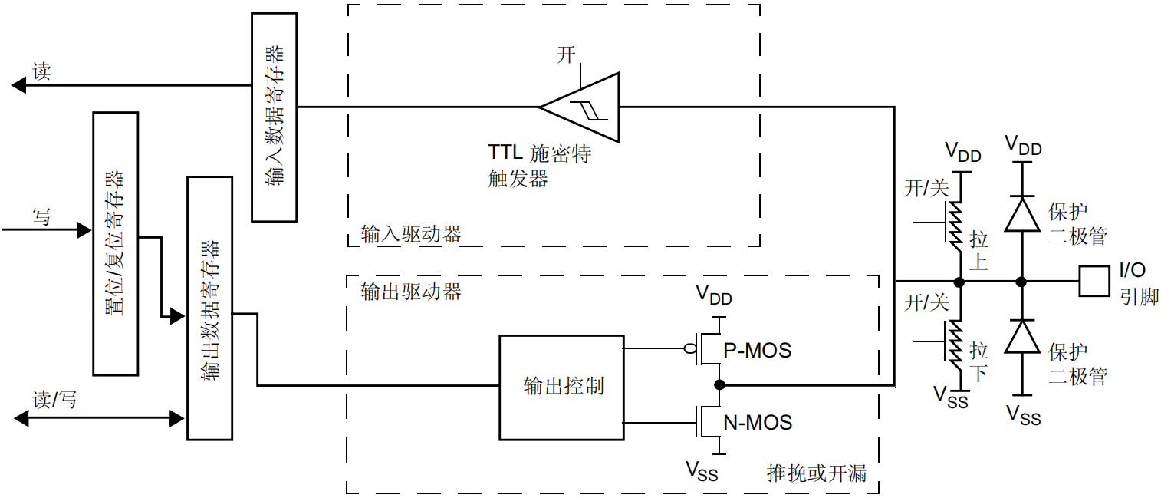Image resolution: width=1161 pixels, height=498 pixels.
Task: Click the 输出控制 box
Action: coord(561,387)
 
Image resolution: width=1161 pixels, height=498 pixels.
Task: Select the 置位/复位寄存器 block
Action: coord(115,243)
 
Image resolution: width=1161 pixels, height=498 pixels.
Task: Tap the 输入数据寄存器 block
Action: coord(275,117)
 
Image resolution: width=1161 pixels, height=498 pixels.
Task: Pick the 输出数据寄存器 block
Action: coord(209,308)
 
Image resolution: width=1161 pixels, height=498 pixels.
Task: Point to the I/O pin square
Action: coord(1093,281)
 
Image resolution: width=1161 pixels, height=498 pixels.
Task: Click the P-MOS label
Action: coord(757,351)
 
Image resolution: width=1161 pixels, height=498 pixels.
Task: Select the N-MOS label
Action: coord(758,422)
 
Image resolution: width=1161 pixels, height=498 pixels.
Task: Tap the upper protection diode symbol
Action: coord(1021,213)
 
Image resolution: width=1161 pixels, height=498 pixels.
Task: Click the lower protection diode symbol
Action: coord(1021,335)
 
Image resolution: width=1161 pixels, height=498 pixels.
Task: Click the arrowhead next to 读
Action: coord(19,86)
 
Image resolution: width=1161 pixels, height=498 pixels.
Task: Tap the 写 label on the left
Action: coord(42,217)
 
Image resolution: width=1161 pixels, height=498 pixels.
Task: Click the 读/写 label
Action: coord(54,399)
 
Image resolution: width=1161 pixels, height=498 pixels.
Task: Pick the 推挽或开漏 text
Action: coord(817,473)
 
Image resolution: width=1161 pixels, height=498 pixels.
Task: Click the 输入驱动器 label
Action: coord(410,233)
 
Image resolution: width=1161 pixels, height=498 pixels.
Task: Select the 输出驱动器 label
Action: coord(410,292)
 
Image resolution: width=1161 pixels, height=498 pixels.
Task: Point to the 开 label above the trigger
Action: coord(566,54)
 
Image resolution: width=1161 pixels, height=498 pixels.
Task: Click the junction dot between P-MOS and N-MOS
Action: coord(719,384)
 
